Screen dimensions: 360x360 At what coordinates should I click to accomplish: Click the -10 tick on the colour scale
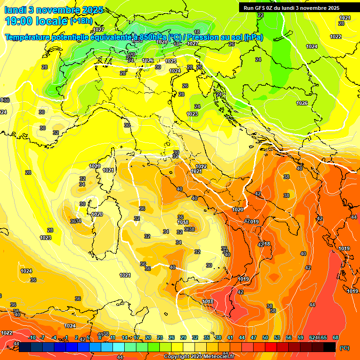[x=32, y=337]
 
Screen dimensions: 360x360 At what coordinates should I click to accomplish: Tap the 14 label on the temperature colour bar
[x=125, y=337]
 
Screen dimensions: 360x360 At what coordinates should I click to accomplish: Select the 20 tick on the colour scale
[x=148, y=337]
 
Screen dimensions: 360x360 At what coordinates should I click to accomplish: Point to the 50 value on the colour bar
[x=265, y=337]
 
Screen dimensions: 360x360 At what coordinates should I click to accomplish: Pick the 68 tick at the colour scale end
[x=336, y=337]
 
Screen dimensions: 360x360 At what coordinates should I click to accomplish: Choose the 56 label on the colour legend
[x=289, y=337]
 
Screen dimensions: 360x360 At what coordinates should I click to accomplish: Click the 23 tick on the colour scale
[x=160, y=337]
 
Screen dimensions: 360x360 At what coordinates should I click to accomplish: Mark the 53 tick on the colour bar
[x=277, y=337]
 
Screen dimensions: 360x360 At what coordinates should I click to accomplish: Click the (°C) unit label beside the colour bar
[x=345, y=348]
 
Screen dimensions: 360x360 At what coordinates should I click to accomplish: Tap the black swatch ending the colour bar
[x=330, y=347]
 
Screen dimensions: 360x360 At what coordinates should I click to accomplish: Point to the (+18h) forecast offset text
[x=81, y=21]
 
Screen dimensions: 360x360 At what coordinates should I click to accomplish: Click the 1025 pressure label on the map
[x=171, y=61]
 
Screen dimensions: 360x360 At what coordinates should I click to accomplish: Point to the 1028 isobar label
[x=162, y=42]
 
